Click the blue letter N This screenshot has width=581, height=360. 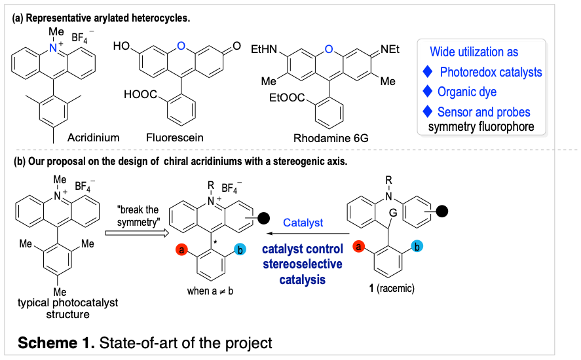coord(53,48)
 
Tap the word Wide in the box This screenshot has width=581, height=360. coord(442,52)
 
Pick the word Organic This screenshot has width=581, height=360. coord(457,92)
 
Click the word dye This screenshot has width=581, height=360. coord(488,92)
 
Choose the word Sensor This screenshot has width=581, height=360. coord(454,112)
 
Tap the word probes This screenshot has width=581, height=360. coord(514,112)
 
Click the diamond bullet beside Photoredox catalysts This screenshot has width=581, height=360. coord(428,71)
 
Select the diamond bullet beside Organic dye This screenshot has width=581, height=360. coord(428,91)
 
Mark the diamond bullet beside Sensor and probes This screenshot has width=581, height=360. coord(428,111)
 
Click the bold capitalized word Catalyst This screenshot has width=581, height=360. coord(303,223)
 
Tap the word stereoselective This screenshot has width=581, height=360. coord(303,264)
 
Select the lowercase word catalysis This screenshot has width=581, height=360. coord(303,279)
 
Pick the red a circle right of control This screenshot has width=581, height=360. coord(358,246)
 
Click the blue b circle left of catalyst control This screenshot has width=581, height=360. coord(240,249)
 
